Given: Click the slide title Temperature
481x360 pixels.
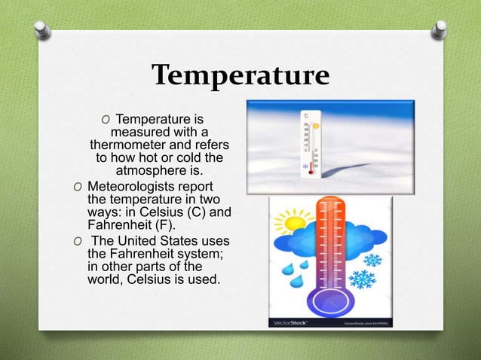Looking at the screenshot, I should [240, 76].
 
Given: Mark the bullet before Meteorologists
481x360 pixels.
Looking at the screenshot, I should [77, 188].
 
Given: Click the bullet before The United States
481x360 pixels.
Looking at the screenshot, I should [77, 241].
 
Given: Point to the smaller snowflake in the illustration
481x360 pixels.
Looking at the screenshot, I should [372, 261].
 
